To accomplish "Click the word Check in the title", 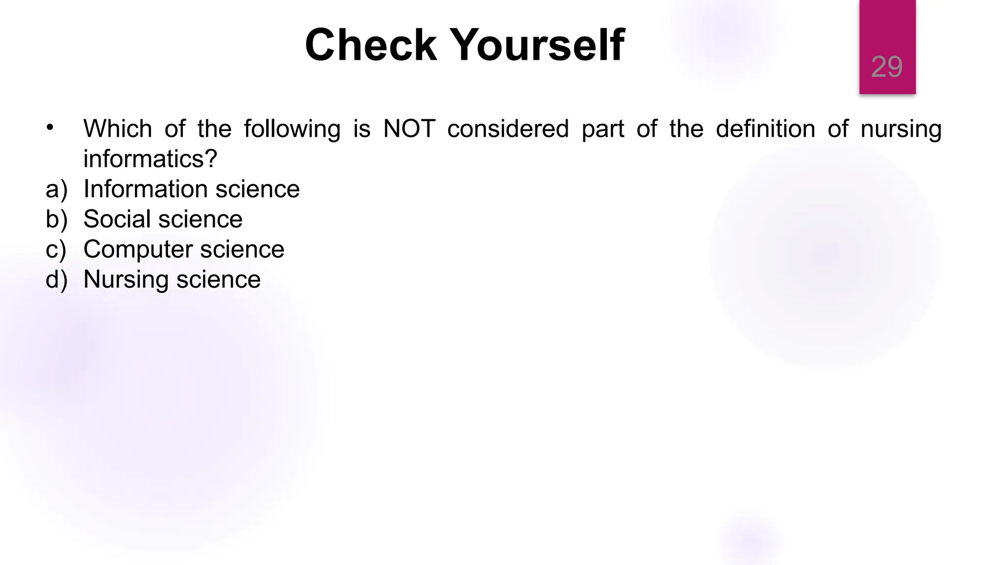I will (x=370, y=45).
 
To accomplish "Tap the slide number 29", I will (x=886, y=67).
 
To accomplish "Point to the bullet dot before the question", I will (x=50, y=128).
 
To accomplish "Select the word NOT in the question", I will (x=409, y=129).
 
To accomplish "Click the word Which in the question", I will (x=118, y=129).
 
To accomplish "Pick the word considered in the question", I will (x=508, y=129).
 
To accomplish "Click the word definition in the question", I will (x=765, y=129).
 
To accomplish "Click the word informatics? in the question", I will (x=150, y=159).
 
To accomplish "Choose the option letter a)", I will (x=56, y=189).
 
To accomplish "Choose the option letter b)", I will (x=56, y=219).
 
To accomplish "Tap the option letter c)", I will (x=56, y=250).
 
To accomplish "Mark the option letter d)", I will (x=56, y=280).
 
